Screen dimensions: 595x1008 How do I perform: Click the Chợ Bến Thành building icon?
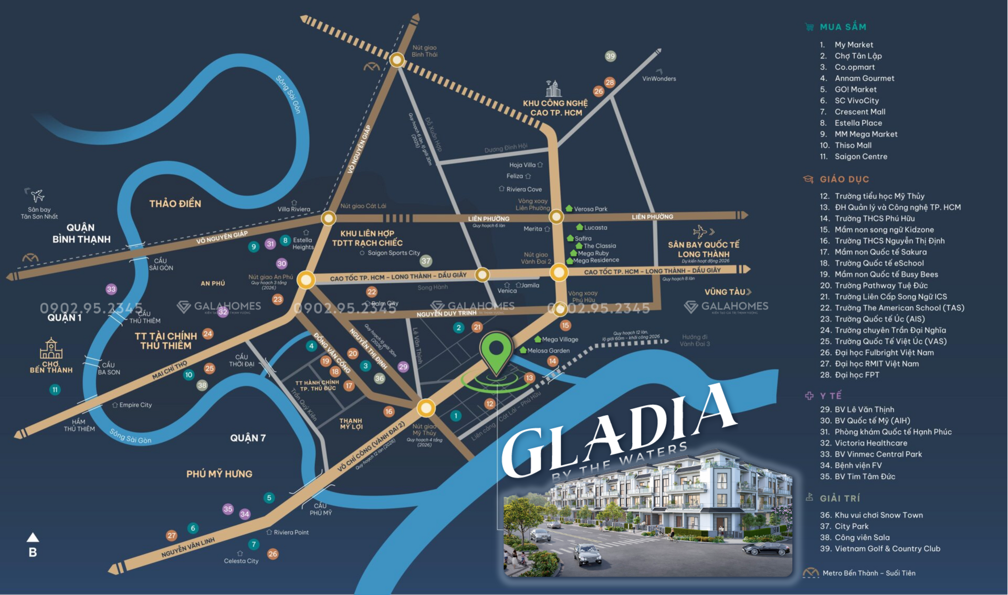(x=51, y=348)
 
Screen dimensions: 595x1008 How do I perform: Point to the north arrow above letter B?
(x=33, y=537)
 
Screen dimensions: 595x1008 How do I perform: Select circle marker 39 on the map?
(x=610, y=56)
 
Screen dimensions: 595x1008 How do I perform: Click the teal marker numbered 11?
(x=55, y=389)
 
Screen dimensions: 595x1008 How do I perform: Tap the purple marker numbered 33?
(x=111, y=289)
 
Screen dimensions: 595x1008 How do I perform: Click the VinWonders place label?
(x=659, y=79)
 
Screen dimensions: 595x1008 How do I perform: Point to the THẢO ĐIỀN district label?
(x=175, y=204)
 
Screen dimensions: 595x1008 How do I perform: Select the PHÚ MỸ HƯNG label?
(x=219, y=474)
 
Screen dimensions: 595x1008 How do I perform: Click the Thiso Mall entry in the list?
(x=853, y=145)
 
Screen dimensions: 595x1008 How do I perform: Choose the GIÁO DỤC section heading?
(x=844, y=179)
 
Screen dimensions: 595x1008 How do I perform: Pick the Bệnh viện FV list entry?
(x=858, y=465)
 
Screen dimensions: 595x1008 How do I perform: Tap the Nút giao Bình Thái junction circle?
(x=397, y=60)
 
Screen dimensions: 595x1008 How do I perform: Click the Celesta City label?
(x=241, y=561)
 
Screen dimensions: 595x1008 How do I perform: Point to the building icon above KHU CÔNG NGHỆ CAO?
(x=553, y=88)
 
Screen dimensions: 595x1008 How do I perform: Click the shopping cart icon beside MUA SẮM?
(x=809, y=27)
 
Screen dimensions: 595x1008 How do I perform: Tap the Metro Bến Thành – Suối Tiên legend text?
(x=868, y=573)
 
